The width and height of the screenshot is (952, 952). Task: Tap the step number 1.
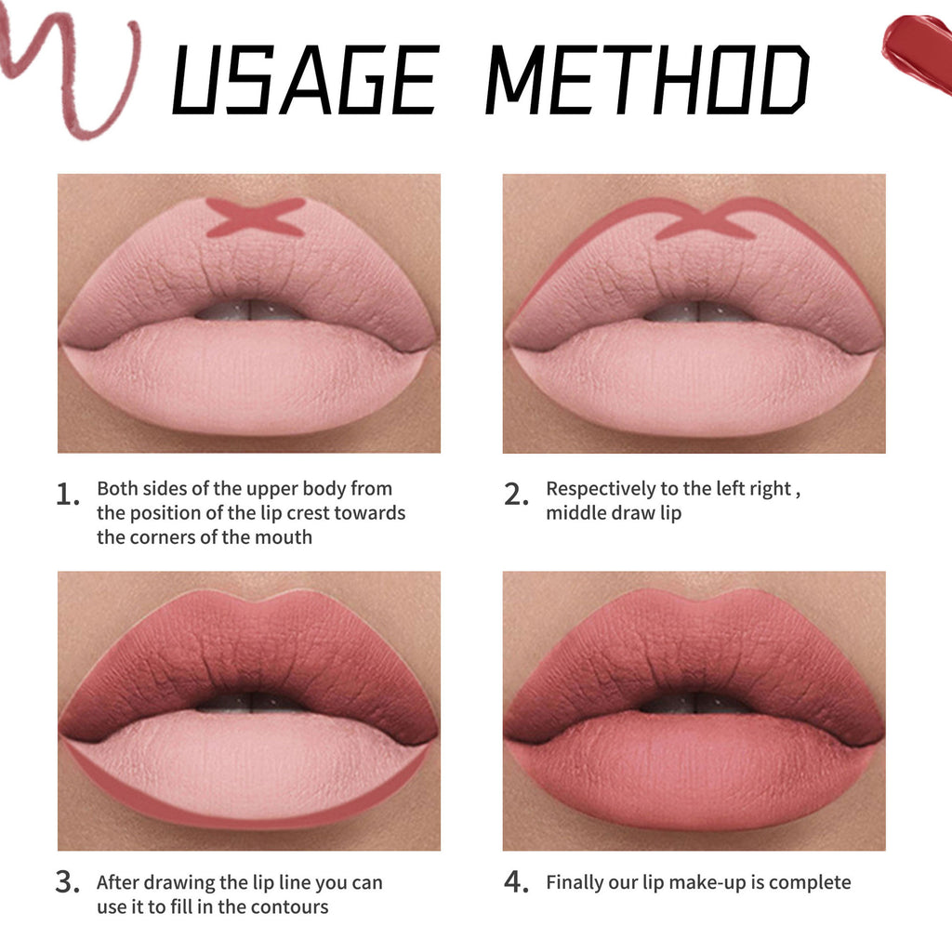click(67, 496)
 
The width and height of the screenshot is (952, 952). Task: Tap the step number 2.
click(516, 496)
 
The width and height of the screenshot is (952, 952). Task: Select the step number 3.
click(67, 882)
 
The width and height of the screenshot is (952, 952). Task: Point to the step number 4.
click(516, 882)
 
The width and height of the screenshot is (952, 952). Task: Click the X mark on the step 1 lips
click(255, 217)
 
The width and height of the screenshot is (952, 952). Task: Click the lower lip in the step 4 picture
click(693, 776)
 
